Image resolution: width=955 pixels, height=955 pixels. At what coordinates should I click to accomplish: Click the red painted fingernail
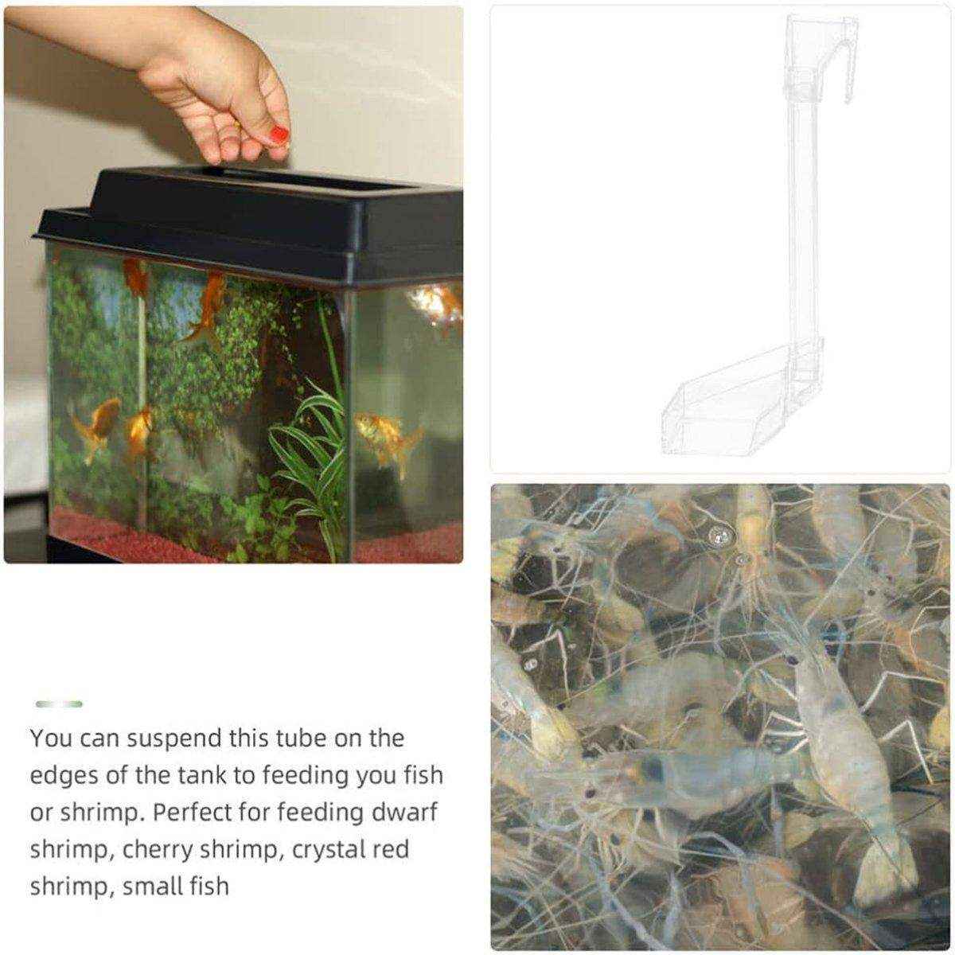279,134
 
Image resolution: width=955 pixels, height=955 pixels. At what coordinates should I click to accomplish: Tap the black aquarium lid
248,224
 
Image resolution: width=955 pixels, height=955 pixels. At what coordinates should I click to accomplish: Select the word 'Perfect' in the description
209,813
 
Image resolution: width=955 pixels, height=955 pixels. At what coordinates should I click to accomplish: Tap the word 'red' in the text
390,850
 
